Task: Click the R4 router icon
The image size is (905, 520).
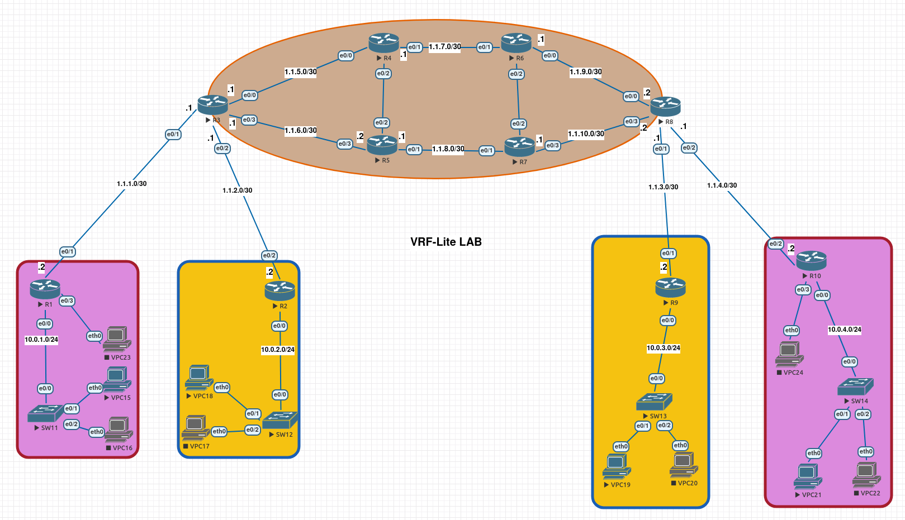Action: tap(383, 43)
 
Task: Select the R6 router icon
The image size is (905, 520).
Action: tap(516, 43)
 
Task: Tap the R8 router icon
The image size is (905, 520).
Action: tap(665, 106)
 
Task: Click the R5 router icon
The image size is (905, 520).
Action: tap(382, 145)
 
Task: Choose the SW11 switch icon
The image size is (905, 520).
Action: tap(45, 414)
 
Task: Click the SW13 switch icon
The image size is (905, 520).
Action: tap(654, 402)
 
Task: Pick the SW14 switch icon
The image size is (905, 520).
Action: tap(855, 387)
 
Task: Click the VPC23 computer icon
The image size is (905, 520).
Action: tap(117, 338)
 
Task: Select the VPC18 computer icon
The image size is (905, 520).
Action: tap(199, 378)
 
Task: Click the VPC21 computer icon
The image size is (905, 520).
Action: tap(808, 476)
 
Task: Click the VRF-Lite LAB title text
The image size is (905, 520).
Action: tap(446, 242)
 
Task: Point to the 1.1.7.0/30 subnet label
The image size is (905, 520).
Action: tap(445, 47)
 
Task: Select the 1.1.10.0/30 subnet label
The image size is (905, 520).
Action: tap(586, 134)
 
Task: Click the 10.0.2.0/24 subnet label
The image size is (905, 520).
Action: tap(278, 350)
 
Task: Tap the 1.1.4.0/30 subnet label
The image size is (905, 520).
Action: tap(722, 185)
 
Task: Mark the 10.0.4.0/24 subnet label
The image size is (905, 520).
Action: tap(844, 330)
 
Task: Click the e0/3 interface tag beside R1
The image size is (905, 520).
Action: tap(67, 300)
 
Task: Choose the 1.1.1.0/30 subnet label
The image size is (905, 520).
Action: tap(132, 184)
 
